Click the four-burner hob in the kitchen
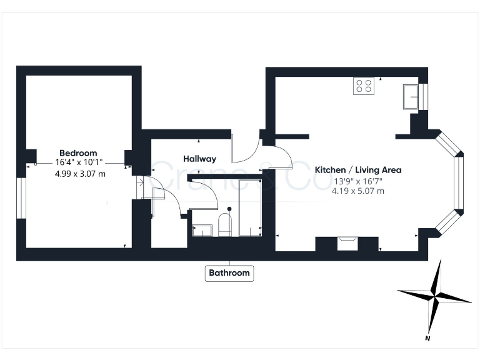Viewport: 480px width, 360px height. (x=364, y=86)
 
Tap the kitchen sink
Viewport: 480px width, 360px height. (x=412, y=97)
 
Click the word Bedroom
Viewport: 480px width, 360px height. (x=78, y=153)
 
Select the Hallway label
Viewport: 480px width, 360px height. (x=199, y=159)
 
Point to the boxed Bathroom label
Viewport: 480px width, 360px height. (x=229, y=273)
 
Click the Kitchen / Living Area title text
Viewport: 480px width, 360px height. (x=357, y=170)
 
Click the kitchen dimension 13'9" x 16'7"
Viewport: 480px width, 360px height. (x=357, y=181)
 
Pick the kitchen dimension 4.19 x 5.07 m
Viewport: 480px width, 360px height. (x=357, y=191)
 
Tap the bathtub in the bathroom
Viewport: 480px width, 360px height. (x=249, y=207)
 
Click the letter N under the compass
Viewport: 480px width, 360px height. (x=427, y=339)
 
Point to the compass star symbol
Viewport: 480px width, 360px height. (x=434, y=295)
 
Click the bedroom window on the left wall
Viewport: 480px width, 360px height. (x=20, y=198)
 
